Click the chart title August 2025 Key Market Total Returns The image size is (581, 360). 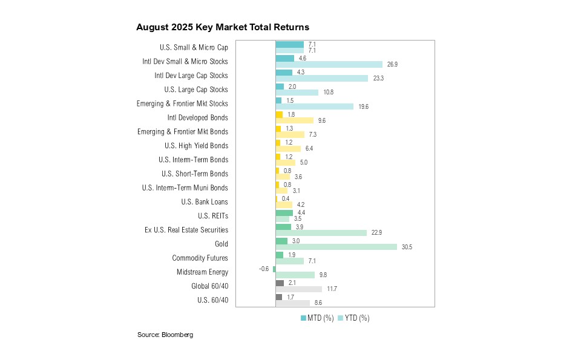coord(223,27)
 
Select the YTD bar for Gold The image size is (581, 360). coord(336,247)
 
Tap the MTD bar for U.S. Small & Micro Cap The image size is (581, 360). coord(289,44)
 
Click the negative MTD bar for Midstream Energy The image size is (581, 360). coord(274,269)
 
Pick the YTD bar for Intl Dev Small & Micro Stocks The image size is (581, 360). coord(329,64)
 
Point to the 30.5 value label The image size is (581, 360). coord(407,247)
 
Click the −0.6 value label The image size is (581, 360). coord(265,269)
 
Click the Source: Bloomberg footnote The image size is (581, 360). coord(165,335)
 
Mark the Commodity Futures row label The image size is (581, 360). coord(200,258)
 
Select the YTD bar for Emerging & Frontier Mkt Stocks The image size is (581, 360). coord(314,106)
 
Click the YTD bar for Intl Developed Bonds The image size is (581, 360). coord(294,120)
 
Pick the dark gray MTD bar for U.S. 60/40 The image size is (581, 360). coord(278,297)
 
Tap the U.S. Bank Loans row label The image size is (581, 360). coord(205,202)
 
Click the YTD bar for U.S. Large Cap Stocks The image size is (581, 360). coord(297,93)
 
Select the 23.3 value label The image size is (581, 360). coord(378,78)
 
